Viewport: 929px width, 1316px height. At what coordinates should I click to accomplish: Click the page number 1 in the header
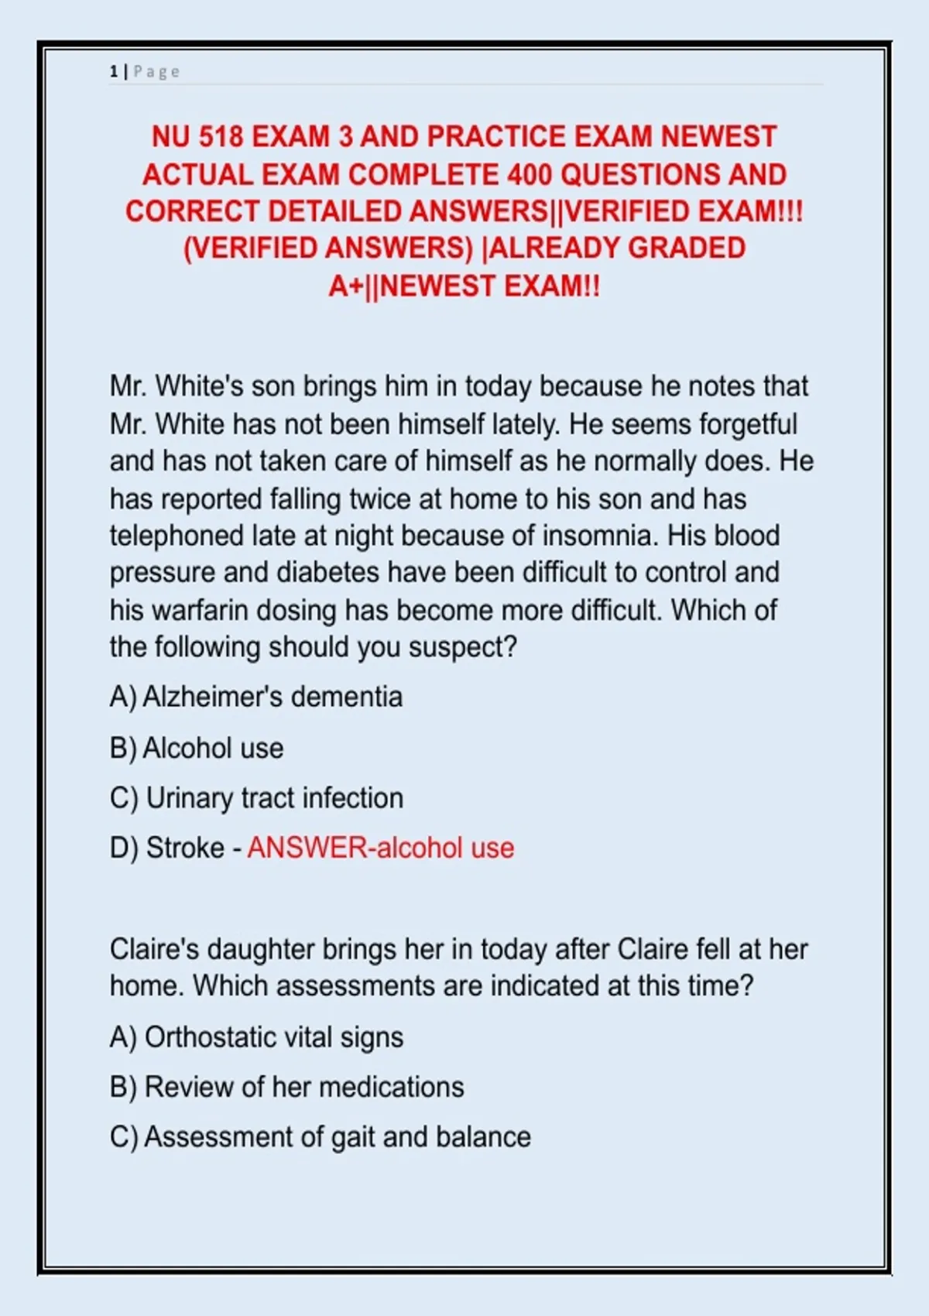click(113, 72)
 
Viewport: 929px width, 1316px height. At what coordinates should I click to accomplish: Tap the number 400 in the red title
click(530, 175)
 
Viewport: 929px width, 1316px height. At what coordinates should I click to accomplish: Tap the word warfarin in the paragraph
click(199, 610)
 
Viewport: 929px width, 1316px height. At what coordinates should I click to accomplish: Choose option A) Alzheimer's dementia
click(256, 697)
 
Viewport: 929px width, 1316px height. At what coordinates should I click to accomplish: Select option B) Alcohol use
click(197, 748)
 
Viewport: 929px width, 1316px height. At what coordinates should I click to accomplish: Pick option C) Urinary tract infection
click(256, 798)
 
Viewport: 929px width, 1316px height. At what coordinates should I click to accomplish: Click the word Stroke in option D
click(185, 848)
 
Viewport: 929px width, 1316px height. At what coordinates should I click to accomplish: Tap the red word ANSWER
click(307, 848)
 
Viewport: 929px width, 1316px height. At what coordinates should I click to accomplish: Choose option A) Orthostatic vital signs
click(256, 1037)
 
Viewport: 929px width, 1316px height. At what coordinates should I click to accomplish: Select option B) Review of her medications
click(286, 1087)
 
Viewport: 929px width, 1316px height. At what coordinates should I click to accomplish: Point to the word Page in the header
click(156, 72)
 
